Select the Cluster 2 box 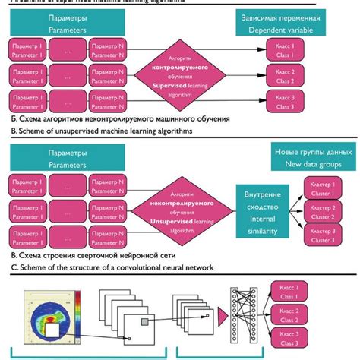click(323, 213)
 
